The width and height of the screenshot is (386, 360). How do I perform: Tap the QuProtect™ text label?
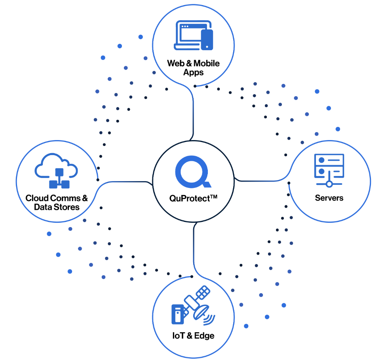[x=193, y=198]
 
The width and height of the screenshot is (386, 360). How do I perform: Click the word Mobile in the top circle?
[x=207, y=63]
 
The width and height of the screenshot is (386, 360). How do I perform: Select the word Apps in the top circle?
[x=193, y=72]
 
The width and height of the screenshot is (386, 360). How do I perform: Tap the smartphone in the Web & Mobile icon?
[x=207, y=40]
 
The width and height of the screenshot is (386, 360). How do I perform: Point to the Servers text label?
[x=329, y=198]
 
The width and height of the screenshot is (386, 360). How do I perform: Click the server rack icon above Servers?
[x=329, y=170]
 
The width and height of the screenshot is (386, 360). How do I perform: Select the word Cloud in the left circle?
[x=37, y=198]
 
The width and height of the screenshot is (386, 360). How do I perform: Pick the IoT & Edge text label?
[x=193, y=335]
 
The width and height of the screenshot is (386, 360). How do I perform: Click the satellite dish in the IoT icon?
[x=202, y=312]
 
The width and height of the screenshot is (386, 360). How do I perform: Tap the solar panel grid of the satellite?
[x=203, y=292]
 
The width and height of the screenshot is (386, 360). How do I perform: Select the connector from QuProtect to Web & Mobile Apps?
[x=193, y=113]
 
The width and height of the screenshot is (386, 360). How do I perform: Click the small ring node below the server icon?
[x=329, y=184]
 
